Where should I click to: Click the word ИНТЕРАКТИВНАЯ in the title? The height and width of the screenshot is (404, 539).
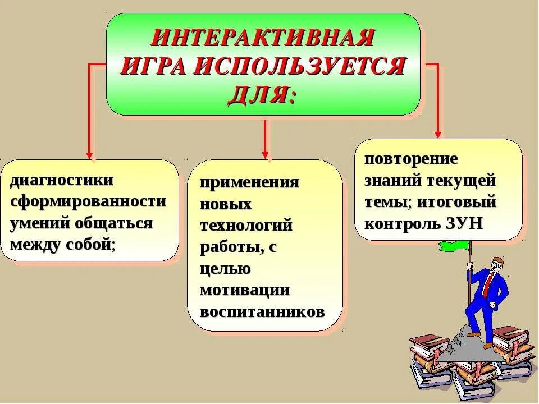263,40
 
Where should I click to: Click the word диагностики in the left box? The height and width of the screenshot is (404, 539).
62,181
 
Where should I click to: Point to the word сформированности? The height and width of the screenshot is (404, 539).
88,202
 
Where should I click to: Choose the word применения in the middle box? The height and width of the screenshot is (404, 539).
250,183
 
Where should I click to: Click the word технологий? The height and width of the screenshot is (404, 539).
246,226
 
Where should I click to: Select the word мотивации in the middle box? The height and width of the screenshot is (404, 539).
245,290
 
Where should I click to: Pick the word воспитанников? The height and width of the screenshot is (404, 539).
262,311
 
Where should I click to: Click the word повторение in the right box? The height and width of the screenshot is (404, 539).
411,159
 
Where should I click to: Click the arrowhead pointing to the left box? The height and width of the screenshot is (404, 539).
89,155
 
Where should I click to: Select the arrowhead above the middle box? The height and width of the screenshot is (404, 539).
265,154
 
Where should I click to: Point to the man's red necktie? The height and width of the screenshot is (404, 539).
486,286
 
